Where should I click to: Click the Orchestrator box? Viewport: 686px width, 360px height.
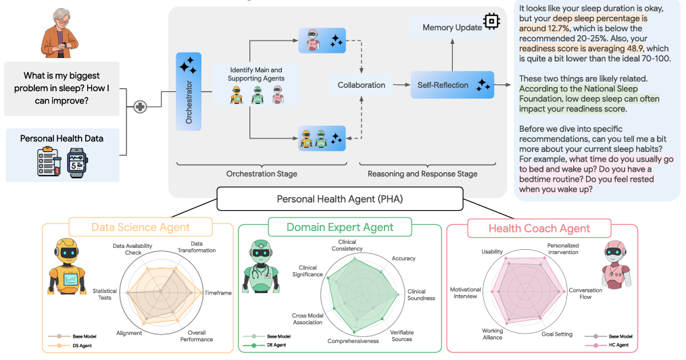pyautogui.click(x=189, y=91)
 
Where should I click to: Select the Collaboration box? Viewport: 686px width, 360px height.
pyautogui.click(x=362, y=85)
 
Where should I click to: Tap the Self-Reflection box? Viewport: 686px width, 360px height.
pyautogui.click(x=451, y=85)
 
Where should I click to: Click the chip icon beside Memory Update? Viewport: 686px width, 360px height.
pyautogui.click(x=492, y=22)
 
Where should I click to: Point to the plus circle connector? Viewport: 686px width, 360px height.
pyautogui.click(x=141, y=107)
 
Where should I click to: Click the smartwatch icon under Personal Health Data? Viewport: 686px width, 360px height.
pyautogui.click(x=78, y=163)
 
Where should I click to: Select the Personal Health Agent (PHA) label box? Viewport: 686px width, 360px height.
pyautogui.click(x=339, y=199)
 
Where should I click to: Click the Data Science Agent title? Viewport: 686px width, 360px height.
pyautogui.click(x=141, y=228)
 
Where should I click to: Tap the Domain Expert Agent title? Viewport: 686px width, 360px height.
pyautogui.click(x=340, y=228)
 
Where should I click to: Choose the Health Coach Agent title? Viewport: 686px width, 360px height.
pyautogui.click(x=539, y=228)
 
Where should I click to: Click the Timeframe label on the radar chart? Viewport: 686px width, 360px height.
pyautogui.click(x=218, y=293)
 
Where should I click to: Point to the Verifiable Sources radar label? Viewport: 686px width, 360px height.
pyautogui.click(x=402, y=335)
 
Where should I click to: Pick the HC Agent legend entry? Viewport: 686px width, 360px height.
pyautogui.click(x=619, y=345)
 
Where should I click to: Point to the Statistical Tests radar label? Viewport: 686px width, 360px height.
pyautogui.click(x=105, y=294)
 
